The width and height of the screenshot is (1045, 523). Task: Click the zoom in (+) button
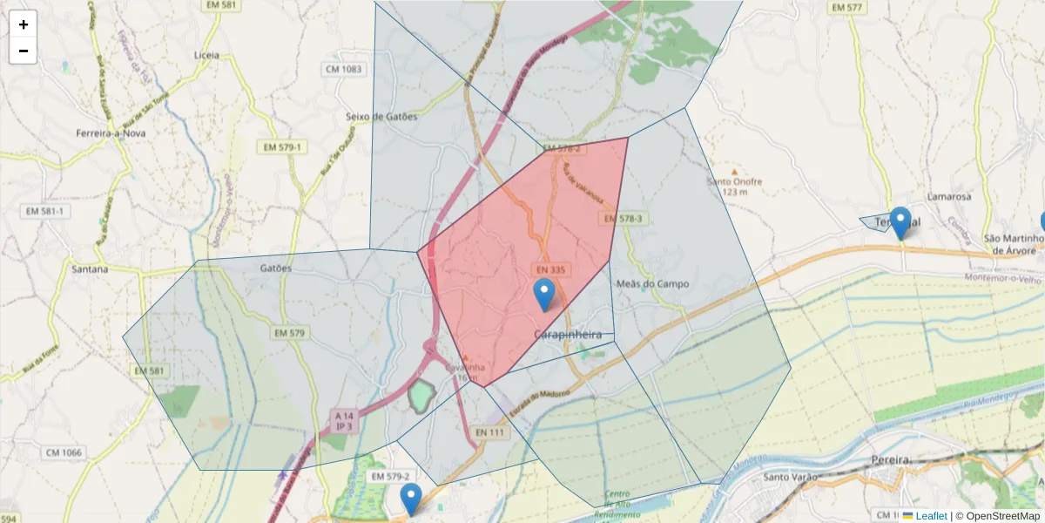[x=24, y=24]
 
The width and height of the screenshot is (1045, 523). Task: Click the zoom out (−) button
[x=24, y=51]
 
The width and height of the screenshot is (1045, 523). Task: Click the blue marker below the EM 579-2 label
[x=411, y=499]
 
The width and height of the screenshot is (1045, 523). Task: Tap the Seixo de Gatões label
[x=381, y=116]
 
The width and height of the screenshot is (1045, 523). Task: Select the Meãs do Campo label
[x=652, y=284]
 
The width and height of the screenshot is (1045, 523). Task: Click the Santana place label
[x=91, y=269]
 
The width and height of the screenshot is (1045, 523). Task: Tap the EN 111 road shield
[x=490, y=432]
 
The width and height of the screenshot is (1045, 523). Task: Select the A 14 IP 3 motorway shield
[x=344, y=421]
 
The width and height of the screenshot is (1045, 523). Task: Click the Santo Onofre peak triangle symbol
[x=734, y=172]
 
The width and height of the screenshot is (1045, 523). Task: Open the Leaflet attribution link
[x=930, y=516]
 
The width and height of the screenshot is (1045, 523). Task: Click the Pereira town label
[x=890, y=459]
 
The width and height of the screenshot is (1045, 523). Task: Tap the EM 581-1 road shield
[x=45, y=211]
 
